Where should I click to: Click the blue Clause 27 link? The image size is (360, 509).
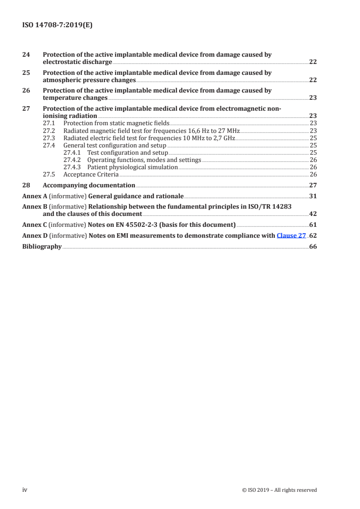[291, 235]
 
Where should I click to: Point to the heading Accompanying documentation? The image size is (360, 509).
[89, 185]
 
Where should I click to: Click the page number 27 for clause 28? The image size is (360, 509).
[313, 185]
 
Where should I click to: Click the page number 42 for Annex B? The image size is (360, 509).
[313, 214]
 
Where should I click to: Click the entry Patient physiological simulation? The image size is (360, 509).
[132, 167]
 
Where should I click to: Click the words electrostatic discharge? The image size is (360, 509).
[76, 62]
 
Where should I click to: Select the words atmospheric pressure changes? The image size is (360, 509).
[89, 80]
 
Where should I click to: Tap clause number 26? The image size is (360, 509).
[26, 90]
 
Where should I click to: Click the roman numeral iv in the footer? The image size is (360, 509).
[25, 489]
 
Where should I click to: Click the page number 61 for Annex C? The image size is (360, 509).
[313, 225]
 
